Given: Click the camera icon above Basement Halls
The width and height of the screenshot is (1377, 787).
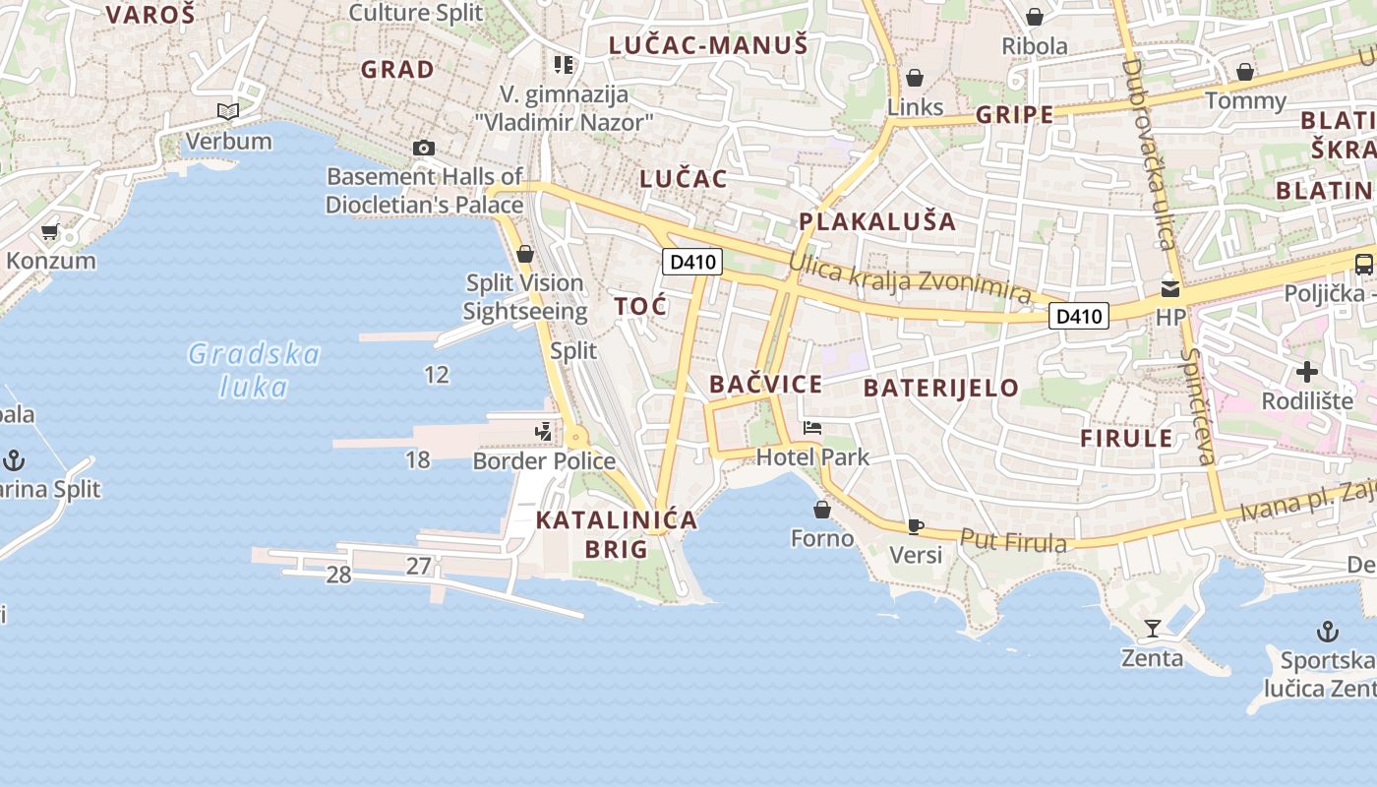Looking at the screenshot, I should (424, 148).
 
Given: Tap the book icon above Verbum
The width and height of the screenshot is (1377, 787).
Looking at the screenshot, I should (228, 112).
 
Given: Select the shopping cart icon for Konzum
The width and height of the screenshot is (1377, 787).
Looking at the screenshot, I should (50, 232).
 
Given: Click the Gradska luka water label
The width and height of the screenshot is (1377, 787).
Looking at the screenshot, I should (255, 370).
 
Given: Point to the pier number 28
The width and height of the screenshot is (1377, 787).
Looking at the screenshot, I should (338, 575).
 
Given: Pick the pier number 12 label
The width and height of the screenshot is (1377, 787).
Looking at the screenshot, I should (437, 374).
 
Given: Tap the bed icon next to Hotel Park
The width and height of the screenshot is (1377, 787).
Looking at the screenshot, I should (812, 428).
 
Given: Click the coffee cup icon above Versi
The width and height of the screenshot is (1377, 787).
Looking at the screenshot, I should (915, 526).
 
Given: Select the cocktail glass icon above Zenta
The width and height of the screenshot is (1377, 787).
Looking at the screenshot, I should (1153, 628).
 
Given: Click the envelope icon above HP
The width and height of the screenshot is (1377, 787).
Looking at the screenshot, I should (1170, 288).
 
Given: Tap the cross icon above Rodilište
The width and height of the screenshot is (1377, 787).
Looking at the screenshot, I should (1307, 372).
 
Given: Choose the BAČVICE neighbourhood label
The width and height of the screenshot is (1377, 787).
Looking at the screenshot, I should (765, 385).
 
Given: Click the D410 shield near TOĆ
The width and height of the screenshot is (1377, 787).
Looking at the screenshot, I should (692, 262).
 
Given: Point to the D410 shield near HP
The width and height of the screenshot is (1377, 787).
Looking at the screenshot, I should (1079, 316).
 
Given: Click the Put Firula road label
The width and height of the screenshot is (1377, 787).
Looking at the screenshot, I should (1013, 541).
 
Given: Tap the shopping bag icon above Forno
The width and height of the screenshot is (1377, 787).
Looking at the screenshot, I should (822, 510).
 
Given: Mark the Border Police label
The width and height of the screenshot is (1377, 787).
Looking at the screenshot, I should (544, 460).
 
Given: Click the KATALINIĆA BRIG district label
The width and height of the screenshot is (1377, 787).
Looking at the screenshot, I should (617, 533).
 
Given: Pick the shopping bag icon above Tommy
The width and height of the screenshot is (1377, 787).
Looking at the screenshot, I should (1244, 72).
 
